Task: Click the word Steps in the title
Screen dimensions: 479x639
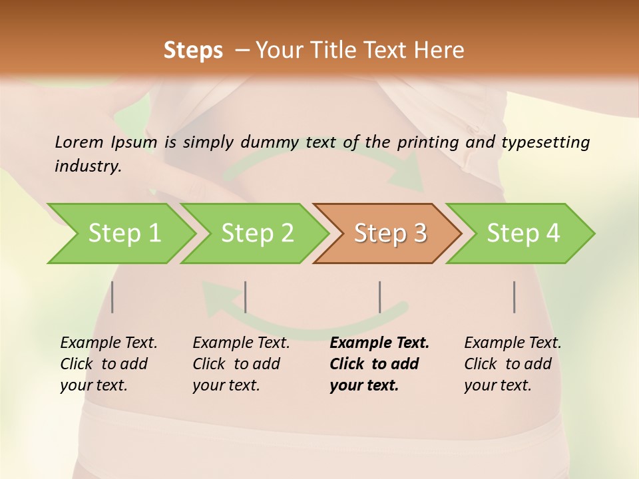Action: [193, 51]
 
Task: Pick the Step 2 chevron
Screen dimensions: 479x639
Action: [256, 234]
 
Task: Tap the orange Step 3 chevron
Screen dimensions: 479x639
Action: [389, 234]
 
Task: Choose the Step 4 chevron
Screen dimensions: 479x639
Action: [523, 234]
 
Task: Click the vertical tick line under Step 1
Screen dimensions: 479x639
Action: [112, 297]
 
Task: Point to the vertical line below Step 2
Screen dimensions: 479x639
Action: [246, 297]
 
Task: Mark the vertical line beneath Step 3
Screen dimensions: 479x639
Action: [380, 297]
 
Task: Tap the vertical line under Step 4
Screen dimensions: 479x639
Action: [515, 297]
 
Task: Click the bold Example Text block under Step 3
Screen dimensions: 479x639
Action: [379, 364]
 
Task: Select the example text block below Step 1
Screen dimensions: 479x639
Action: [108, 364]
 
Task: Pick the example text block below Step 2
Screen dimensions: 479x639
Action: [241, 364]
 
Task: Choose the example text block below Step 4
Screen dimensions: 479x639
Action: [513, 364]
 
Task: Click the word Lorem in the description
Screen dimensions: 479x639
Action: [79, 142]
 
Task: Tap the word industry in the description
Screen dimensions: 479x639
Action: [88, 166]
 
